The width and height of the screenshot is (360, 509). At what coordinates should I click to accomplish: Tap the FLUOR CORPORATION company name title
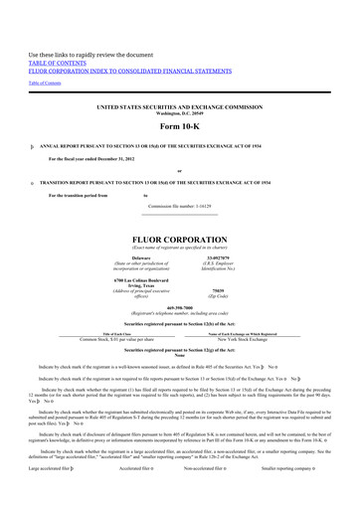[x=179, y=241]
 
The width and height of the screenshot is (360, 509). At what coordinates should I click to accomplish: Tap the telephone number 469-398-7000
[x=179, y=308]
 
